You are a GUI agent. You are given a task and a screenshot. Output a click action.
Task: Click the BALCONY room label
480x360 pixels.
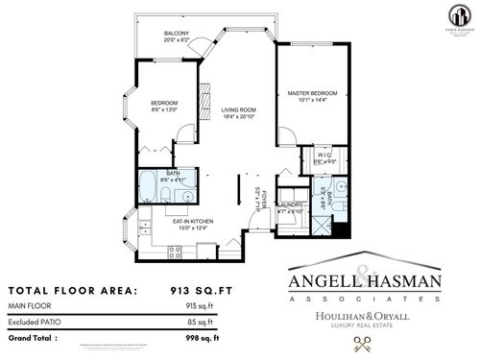(175, 34)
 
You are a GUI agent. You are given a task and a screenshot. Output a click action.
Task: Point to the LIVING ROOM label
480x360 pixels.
(236, 109)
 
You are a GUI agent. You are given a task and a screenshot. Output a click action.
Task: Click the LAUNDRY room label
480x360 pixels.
(289, 205)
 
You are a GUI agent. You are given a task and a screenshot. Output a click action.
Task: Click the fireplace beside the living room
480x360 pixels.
(203, 99)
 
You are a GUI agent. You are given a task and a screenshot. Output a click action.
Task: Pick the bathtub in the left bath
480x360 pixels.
(150, 187)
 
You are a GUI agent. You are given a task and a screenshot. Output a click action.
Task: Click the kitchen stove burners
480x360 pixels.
(176, 252)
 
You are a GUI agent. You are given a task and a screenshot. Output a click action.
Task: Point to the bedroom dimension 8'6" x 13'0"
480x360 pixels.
(165, 108)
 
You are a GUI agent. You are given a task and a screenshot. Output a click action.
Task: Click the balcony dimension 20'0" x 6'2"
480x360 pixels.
(175, 40)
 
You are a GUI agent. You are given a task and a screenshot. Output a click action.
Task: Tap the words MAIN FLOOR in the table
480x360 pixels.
(30, 306)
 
